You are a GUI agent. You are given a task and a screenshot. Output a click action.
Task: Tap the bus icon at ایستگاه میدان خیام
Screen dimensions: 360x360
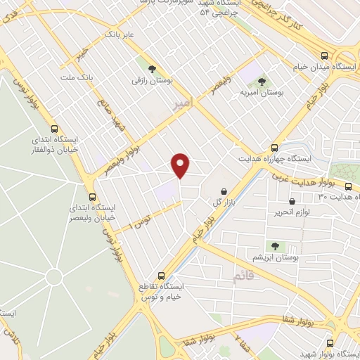324,56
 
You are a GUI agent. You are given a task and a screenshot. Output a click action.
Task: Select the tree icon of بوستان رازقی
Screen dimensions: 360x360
151,68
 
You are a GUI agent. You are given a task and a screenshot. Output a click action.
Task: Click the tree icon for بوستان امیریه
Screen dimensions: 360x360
262,82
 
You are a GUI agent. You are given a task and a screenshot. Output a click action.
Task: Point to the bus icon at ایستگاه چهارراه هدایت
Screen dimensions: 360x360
274,148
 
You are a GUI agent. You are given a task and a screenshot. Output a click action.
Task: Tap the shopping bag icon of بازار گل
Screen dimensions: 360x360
224,191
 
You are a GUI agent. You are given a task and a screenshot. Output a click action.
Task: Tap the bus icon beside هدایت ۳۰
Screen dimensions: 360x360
349,186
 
